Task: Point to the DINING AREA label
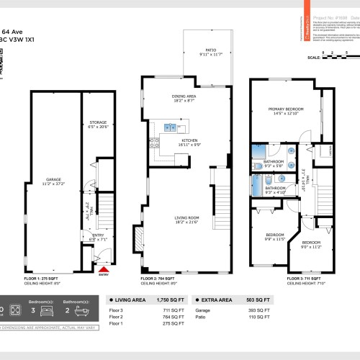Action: (x=184, y=97)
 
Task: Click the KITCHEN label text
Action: (x=189, y=141)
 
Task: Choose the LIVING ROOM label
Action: (x=186, y=218)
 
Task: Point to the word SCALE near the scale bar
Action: (x=314, y=58)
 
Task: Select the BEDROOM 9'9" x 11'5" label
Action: (x=271, y=237)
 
